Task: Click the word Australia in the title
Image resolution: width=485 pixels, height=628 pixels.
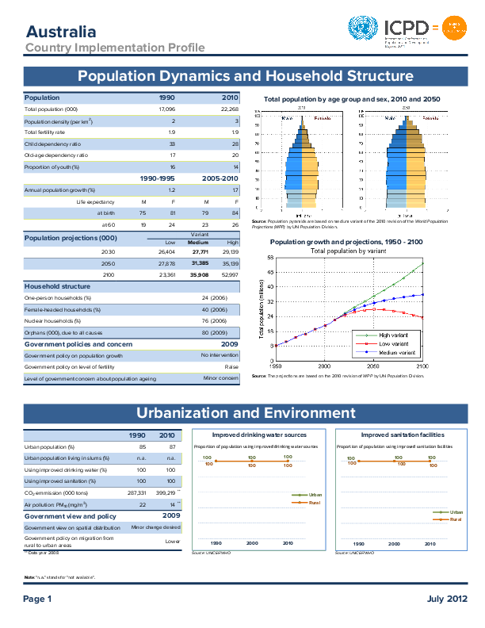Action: pos(61,32)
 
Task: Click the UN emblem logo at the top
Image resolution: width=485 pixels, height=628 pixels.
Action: pos(364,29)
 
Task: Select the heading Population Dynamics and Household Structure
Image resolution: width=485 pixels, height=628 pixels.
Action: pos(245,77)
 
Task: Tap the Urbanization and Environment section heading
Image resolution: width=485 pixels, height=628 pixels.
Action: pos(246,413)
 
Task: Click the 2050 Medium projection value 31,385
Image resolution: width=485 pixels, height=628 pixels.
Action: pos(199,262)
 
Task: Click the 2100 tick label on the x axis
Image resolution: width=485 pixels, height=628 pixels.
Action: pos(422,366)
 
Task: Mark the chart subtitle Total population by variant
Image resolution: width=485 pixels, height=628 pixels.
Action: pos(349,251)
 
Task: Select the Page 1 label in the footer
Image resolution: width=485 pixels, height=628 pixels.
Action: pos(37,599)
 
